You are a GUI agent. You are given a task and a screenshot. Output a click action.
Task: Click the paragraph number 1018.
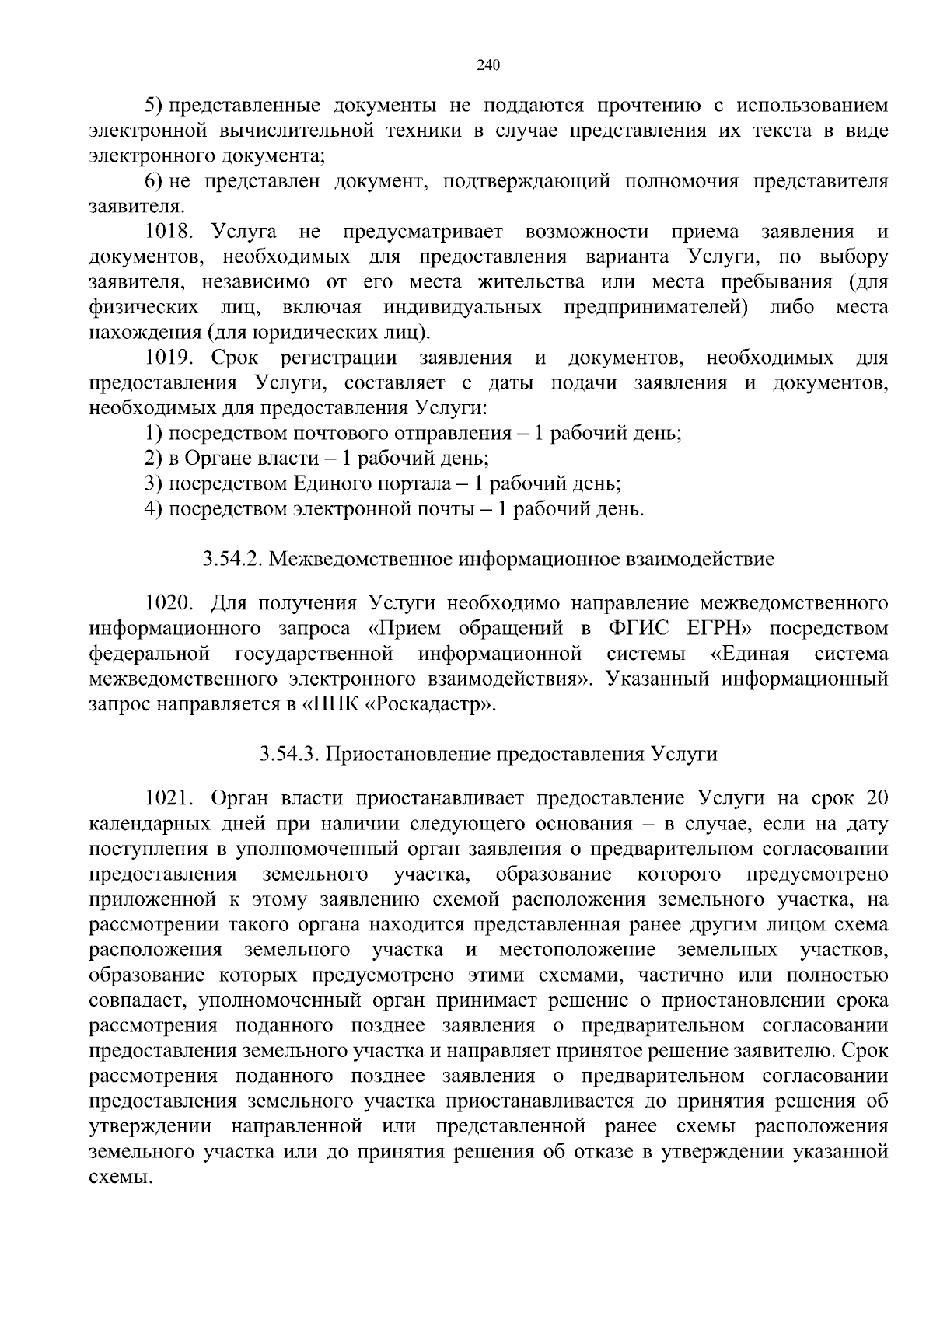click(169, 232)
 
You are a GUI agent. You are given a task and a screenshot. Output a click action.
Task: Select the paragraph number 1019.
click(169, 358)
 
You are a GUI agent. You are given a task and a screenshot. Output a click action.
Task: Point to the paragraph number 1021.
click(169, 798)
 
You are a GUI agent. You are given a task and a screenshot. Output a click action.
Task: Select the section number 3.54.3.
click(288, 754)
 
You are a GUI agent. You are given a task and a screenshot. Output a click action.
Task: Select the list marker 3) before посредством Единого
click(153, 484)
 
